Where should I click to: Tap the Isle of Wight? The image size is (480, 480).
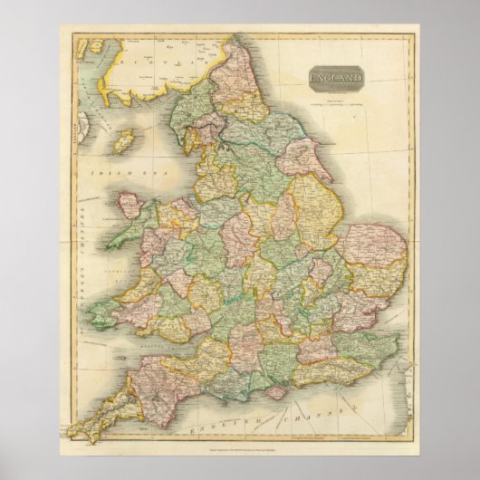(x=272, y=385)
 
